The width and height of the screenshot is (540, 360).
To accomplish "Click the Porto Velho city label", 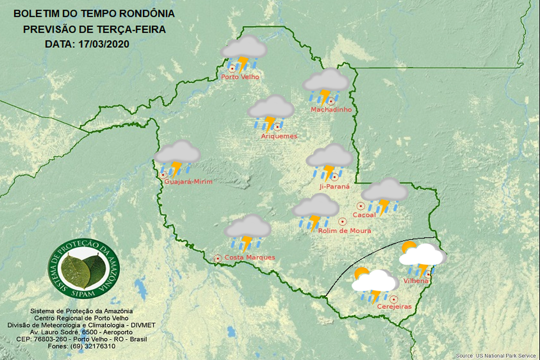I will pyautogui.click(x=240, y=76).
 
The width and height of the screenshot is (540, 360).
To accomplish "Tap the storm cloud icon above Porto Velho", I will pyautogui.click(x=243, y=52).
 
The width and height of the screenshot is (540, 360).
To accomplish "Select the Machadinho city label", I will pyautogui.click(x=331, y=110).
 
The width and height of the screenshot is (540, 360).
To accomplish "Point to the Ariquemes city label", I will pyautogui.click(x=279, y=136).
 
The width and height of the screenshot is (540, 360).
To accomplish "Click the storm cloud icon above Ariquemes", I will pyautogui.click(x=271, y=112).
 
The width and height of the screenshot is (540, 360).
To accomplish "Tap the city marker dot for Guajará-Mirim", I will pyautogui.click(x=163, y=175).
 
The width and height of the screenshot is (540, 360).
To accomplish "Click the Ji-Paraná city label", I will pyautogui.click(x=334, y=186).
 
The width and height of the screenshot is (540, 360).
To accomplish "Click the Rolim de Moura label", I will pyautogui.click(x=344, y=231).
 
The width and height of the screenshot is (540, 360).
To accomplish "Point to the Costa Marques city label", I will pyautogui.click(x=249, y=258).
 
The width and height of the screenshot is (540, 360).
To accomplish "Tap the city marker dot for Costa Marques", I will pyautogui.click(x=218, y=258).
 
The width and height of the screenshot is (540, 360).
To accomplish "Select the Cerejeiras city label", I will pyautogui.click(x=394, y=307).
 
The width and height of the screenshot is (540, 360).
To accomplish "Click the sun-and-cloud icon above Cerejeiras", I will pyautogui.click(x=374, y=283).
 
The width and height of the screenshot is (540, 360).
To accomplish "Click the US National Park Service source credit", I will pyautogui.click(x=496, y=355).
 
